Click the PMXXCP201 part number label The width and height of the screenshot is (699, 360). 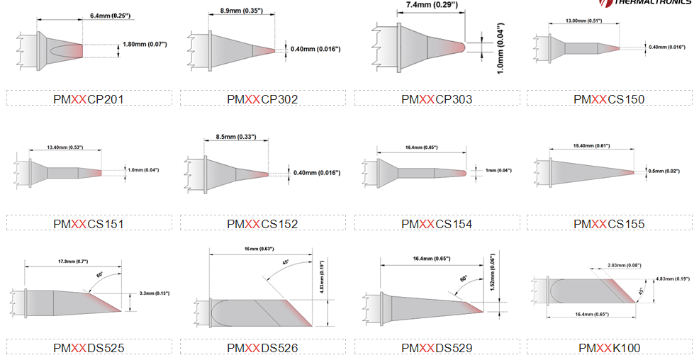click(89, 99)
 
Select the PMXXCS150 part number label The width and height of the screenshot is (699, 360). click(609, 99)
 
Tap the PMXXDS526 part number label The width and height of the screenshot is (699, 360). click(262, 348)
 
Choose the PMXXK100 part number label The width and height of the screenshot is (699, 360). click(609, 348)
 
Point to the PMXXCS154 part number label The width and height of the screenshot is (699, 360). click(436, 224)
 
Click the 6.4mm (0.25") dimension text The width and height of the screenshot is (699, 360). click(110, 15)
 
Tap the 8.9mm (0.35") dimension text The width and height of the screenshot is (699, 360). click(242, 11)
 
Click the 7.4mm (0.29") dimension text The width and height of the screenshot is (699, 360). click(431, 5)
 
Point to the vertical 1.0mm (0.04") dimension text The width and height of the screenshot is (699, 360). click(501, 48)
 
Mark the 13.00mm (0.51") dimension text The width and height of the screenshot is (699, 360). click(583, 21)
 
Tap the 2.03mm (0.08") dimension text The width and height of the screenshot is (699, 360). click(624, 265)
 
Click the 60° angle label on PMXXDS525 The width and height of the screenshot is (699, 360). click(100, 274)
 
